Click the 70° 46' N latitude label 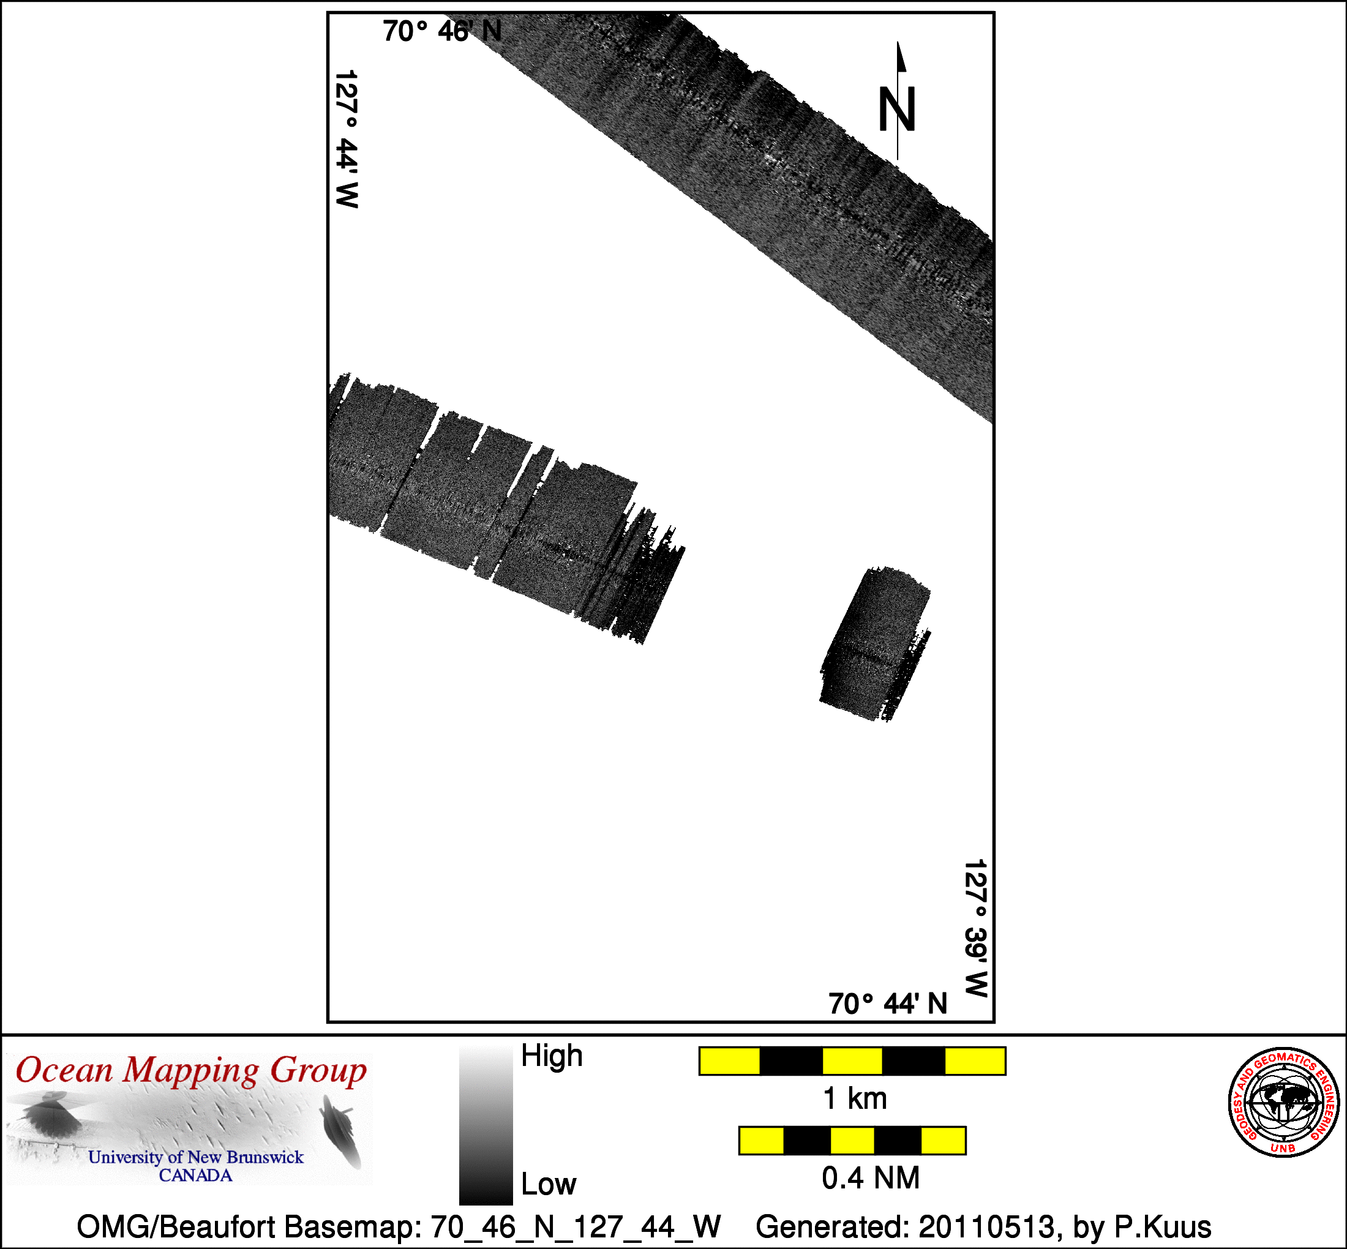pos(442,31)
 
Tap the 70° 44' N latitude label pos(887,1003)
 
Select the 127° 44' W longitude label pos(347,138)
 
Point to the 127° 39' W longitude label pos(975,928)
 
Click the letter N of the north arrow pos(896,110)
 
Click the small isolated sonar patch pos(876,644)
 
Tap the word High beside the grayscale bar pos(552,1056)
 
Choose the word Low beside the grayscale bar pos(548,1183)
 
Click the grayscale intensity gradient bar pos(486,1125)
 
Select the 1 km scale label pos(855,1099)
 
